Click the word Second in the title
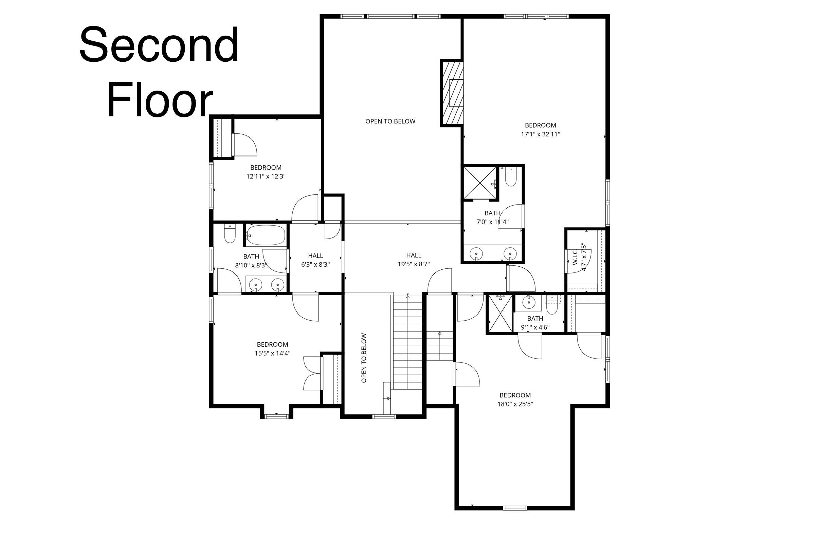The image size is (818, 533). pos(159,45)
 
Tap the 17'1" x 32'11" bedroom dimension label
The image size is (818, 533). pos(540,134)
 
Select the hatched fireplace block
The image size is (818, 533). pos(452,93)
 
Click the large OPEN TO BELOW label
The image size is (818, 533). pos(390,121)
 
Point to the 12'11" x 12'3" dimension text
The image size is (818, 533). pos(266,176)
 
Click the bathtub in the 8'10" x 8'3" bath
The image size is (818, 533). pos(266,235)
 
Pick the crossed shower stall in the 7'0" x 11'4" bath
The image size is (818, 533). pos(480,183)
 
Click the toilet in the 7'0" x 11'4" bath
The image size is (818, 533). pos(511,177)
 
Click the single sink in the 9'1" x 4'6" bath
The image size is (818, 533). pos(528,303)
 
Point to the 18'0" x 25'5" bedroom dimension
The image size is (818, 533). pos(515,404)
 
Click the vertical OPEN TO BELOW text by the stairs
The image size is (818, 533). pos(364,358)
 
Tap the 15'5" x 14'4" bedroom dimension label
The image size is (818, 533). pos(272,353)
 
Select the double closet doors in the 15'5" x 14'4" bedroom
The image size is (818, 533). pos(312,373)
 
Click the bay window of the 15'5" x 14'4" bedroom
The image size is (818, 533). pos(276,416)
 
